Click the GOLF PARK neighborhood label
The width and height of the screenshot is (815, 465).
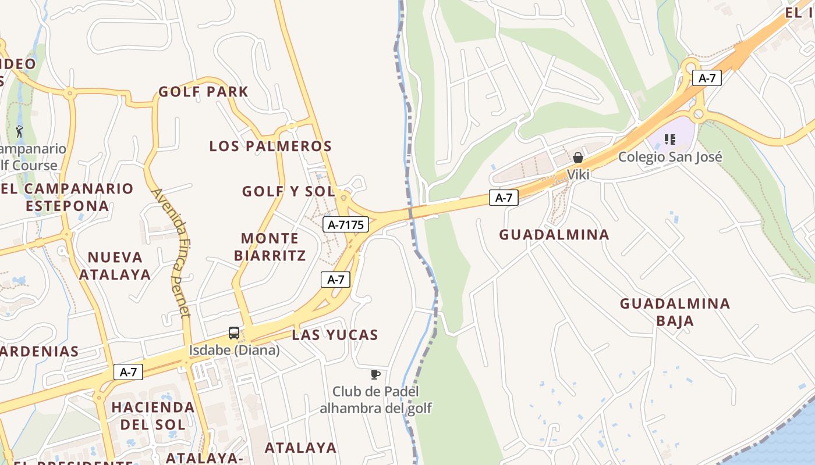(x=203, y=92)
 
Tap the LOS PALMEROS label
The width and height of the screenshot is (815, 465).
(x=270, y=146)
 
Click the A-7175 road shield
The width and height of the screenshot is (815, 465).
(x=346, y=224)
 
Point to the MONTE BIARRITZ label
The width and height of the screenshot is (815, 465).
(x=270, y=246)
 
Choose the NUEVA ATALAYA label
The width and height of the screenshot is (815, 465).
(x=115, y=266)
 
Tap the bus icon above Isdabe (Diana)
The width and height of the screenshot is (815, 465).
(x=234, y=333)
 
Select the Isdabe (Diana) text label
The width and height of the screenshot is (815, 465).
(x=234, y=350)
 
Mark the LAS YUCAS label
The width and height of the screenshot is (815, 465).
(x=335, y=335)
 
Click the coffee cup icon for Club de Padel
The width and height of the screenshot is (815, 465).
(x=375, y=374)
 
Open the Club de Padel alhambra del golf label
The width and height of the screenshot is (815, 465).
(x=375, y=400)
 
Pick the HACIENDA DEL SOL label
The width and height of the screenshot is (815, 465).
(x=153, y=415)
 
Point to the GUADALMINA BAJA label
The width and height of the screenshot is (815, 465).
(x=675, y=312)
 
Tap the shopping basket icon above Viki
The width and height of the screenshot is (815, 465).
(x=578, y=158)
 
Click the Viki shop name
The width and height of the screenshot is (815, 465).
(x=578, y=174)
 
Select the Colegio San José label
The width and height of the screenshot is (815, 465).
(x=670, y=157)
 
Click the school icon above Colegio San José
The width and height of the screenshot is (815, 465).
(x=670, y=139)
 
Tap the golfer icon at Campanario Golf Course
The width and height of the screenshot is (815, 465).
(x=20, y=131)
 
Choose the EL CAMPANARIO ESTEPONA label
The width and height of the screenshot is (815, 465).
(x=67, y=197)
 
